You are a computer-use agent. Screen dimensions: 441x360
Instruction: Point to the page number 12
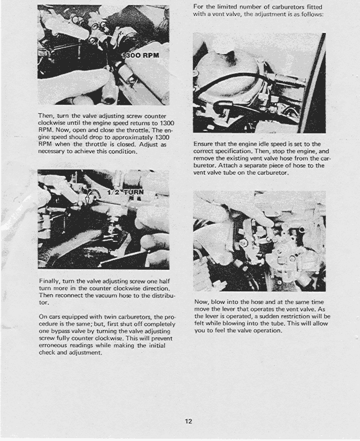point(188,422)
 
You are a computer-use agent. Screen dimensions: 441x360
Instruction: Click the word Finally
point(49,281)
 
